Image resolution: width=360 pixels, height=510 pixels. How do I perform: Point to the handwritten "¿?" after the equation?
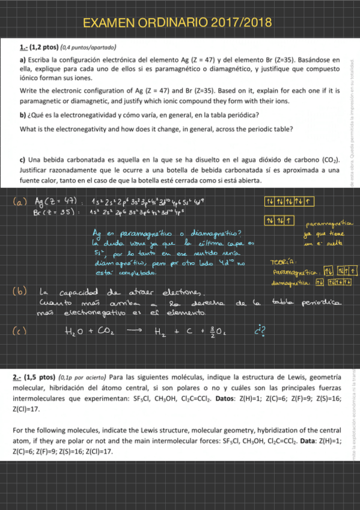[260, 330]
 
